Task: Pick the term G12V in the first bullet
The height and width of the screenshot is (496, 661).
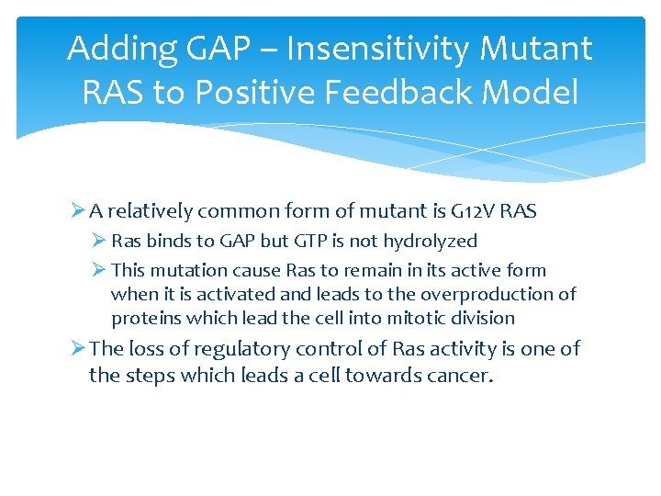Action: point(470,211)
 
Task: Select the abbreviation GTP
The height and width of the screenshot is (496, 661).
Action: point(319,241)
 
